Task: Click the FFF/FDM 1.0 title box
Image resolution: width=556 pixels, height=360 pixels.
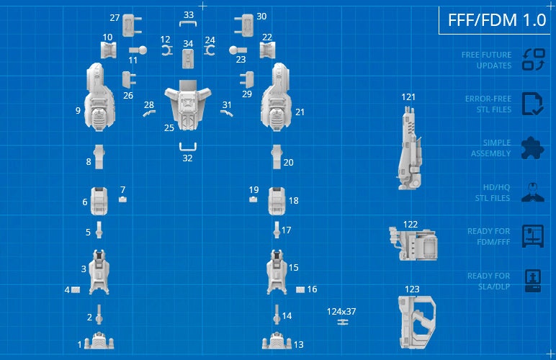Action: [497, 20]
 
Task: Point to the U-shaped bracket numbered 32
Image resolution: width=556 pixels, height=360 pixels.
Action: [189, 148]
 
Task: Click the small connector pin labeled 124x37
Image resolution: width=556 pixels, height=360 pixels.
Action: [341, 322]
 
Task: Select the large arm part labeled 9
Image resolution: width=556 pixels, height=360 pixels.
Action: [101, 98]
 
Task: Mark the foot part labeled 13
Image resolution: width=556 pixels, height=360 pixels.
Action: [277, 342]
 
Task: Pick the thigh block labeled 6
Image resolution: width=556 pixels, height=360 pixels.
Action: [100, 201]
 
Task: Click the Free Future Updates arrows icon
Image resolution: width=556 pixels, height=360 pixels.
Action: [533, 60]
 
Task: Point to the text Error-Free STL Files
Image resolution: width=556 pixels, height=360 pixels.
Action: [487, 104]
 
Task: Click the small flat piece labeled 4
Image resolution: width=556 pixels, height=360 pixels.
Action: [76, 289]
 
